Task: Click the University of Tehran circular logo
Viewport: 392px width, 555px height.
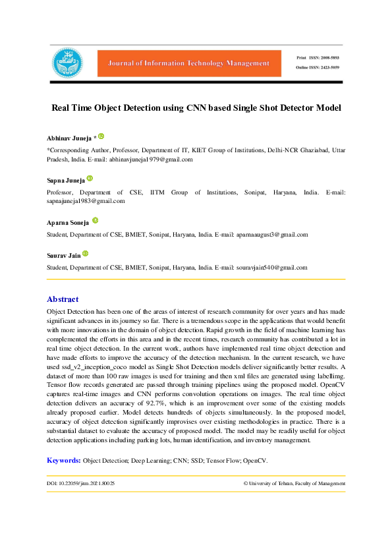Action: (68, 63)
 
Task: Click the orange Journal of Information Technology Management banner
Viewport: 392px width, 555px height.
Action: (184, 63)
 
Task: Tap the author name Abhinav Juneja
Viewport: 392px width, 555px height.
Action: (69, 137)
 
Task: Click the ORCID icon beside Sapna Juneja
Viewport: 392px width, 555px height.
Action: (90, 178)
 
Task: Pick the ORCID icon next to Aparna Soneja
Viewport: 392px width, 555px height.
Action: (96, 220)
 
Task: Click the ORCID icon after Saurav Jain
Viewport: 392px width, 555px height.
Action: (85, 254)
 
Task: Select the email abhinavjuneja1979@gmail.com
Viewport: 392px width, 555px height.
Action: (151, 160)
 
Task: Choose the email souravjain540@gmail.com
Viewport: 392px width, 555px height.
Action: (269, 268)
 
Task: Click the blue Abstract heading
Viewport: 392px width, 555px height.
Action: (63, 299)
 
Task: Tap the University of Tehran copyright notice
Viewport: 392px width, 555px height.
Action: (294, 483)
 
